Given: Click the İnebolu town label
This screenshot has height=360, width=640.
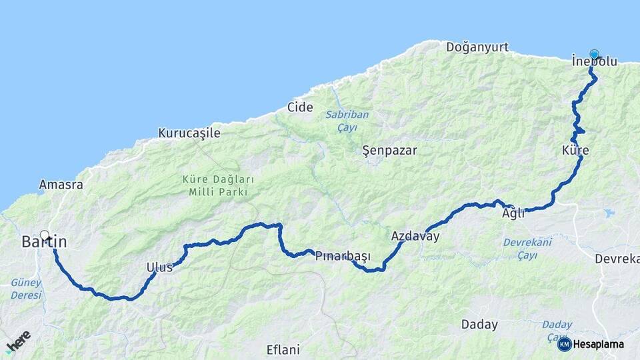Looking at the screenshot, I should (x=595, y=62).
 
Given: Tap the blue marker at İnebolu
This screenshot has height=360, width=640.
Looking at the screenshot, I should (x=594, y=55).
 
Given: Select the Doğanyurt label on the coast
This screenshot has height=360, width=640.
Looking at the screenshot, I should (x=477, y=47).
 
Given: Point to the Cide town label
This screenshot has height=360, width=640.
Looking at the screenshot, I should (x=300, y=107).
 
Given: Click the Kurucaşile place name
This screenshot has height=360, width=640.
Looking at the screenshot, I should (x=189, y=133).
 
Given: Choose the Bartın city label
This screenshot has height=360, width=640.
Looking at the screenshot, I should (x=44, y=242).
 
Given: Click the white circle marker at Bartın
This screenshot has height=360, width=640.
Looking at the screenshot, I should (x=45, y=235).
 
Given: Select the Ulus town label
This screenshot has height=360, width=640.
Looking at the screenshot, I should (x=159, y=267).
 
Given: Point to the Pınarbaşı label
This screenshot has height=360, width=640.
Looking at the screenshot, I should (x=343, y=257).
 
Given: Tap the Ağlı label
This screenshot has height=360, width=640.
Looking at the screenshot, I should (x=513, y=214).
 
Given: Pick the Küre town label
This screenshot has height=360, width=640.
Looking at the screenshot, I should (x=575, y=151).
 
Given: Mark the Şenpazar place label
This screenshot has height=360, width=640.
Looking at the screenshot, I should (x=389, y=150).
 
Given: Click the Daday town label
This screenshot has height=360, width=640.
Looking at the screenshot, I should (x=479, y=325).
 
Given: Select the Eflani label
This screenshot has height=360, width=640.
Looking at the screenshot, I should (x=283, y=349).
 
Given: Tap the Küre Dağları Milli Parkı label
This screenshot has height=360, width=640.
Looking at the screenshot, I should (x=214, y=186).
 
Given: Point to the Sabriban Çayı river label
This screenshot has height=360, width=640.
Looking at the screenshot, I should (x=347, y=121).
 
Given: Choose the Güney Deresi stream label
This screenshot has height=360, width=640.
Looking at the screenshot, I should (x=26, y=288).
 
